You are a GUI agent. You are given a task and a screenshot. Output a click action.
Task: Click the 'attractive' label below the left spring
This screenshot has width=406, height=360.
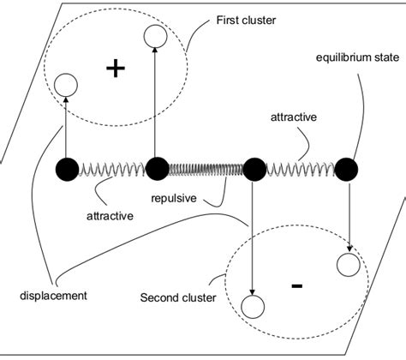click(109, 215)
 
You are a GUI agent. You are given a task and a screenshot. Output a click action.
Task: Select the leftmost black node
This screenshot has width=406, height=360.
click(66, 170)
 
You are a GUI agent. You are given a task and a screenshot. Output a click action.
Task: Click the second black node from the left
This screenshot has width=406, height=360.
click(156, 170)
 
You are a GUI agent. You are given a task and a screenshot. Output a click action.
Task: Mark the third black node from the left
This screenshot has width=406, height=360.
click(254, 170)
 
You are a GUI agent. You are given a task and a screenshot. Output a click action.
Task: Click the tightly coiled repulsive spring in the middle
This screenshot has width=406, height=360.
click(206, 170)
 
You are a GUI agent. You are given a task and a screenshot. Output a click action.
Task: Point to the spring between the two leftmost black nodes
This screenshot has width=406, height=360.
click(111, 170)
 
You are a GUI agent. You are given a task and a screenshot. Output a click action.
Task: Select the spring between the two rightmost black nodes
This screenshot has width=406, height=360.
click(301, 170)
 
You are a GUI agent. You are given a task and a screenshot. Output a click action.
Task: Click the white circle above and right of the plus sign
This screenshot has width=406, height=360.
click(155, 36)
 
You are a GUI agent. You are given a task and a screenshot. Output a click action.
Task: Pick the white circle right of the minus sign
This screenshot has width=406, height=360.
click(348, 265)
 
